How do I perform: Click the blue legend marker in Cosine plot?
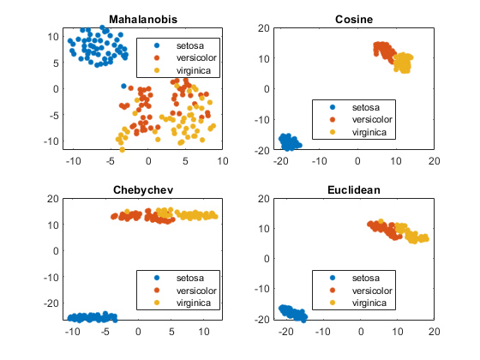(332, 108)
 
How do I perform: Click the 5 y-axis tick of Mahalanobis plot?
(55, 63)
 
